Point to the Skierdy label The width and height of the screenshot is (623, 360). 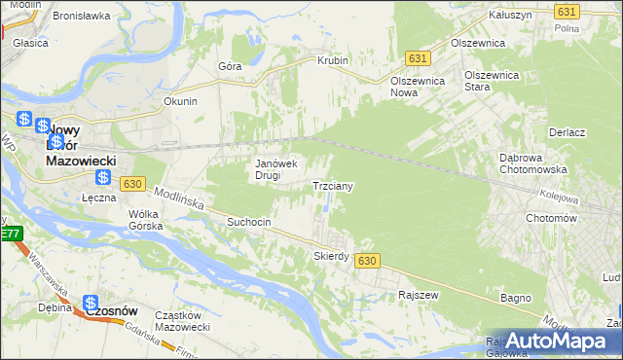[x=331, y=256]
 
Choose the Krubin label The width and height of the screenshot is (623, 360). [x=333, y=60]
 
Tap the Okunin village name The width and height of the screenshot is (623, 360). [x=181, y=101]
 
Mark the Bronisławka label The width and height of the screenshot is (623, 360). [x=81, y=17]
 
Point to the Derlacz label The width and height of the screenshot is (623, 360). [x=567, y=132]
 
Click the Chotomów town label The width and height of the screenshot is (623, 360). [x=552, y=219]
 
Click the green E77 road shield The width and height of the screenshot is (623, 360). [x=10, y=234]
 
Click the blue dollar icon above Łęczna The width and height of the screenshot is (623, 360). [x=103, y=177]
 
